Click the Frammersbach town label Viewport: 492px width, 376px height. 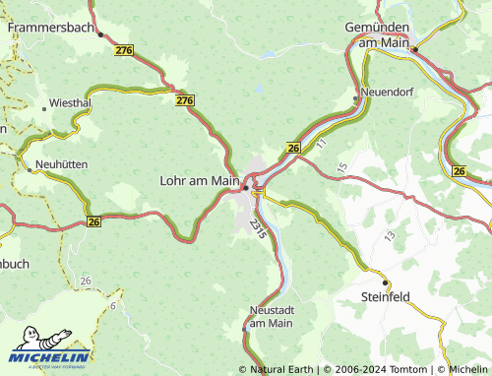(51, 29)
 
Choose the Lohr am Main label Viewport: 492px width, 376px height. (199, 180)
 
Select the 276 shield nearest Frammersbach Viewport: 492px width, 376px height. (124, 49)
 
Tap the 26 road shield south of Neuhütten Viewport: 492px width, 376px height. (94, 221)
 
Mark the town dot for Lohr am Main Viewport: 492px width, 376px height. (246, 187)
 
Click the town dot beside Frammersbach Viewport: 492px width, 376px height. (100, 32)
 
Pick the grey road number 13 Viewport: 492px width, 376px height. (390, 236)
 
